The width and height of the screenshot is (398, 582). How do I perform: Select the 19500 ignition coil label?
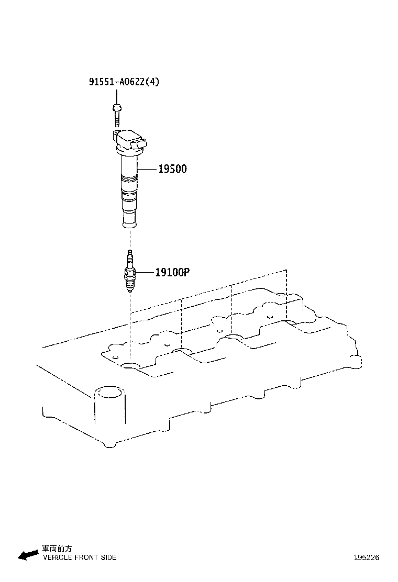[x=172, y=169]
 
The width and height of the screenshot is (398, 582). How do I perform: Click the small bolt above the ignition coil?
[x=116, y=114]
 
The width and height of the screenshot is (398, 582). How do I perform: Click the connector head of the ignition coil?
[x=131, y=140]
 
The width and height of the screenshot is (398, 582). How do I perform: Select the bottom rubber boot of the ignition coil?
[x=129, y=220]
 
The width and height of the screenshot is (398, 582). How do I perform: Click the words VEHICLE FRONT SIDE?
[x=79, y=557]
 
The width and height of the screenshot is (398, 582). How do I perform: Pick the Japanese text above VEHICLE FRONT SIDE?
[x=58, y=549]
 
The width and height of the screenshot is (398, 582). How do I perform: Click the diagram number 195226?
[x=366, y=557]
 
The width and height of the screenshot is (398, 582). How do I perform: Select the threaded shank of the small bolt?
[x=116, y=119]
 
